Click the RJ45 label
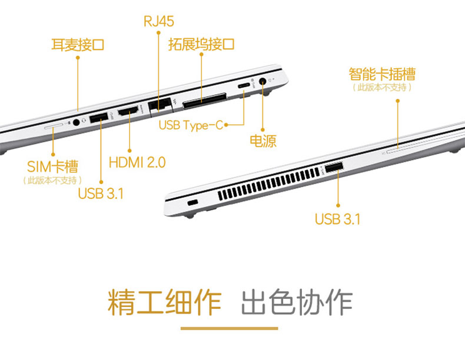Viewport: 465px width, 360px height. [x=159, y=21]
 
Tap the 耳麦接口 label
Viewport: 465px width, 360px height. [x=78, y=45]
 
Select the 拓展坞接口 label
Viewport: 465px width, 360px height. [x=201, y=44]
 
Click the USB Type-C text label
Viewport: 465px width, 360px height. [x=191, y=125]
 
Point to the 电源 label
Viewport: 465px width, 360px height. [x=263, y=141]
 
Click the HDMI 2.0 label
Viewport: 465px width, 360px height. [x=137, y=162]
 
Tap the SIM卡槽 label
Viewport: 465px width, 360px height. [x=52, y=167]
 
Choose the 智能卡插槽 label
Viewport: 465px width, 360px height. [x=382, y=74]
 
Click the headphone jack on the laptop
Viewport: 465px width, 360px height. [x=76, y=122]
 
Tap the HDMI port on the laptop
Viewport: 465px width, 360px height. [x=128, y=111]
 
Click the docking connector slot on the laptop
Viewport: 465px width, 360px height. [x=205, y=101]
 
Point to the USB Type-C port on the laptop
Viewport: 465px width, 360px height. [x=244, y=86]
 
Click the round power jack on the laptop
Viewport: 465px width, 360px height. [x=263, y=81]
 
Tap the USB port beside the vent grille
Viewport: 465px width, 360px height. [x=334, y=168]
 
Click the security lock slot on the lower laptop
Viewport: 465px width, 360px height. [x=192, y=203]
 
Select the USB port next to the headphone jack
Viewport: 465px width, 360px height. [x=98, y=117]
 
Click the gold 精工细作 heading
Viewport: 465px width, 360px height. [x=165, y=302]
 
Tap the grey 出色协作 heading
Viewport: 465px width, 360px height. [x=297, y=302]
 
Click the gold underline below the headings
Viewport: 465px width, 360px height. [x=229, y=328]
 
